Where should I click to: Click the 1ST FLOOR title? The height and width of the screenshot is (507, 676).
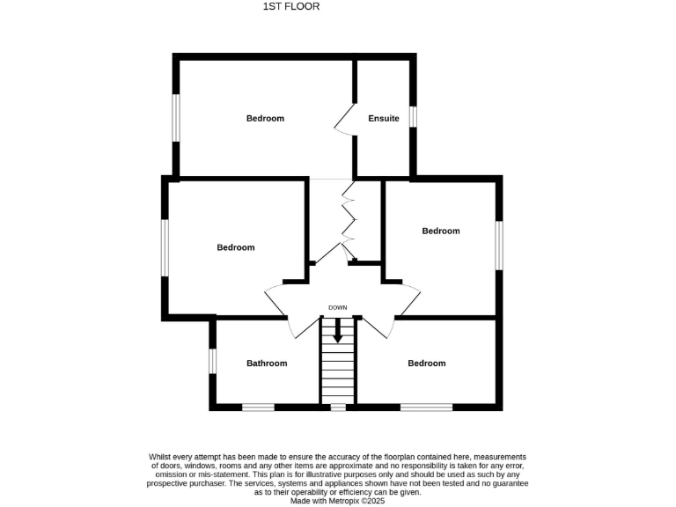(290, 7)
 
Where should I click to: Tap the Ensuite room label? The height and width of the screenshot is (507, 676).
(384, 118)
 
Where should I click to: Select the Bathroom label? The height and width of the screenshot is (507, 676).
(267, 364)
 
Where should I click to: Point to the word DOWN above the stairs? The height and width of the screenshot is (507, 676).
(338, 307)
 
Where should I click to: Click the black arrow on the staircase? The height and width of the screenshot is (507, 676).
(338, 332)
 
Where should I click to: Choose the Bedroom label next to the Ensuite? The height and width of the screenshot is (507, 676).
(265, 118)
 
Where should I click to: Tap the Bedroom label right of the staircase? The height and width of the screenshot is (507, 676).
(427, 364)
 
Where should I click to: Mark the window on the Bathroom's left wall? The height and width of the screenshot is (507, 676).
(212, 361)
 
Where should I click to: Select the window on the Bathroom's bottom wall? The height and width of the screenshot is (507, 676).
(259, 407)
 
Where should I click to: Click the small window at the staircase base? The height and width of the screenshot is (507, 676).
(338, 408)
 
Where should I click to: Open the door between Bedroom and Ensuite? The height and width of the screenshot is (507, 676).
(345, 120)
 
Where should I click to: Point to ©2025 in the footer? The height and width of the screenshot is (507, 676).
(374, 501)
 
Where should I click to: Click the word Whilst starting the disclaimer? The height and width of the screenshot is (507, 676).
(161, 457)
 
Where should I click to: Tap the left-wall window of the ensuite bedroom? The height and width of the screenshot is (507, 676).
(176, 117)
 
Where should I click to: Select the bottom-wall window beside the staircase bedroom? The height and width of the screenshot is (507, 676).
(427, 407)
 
